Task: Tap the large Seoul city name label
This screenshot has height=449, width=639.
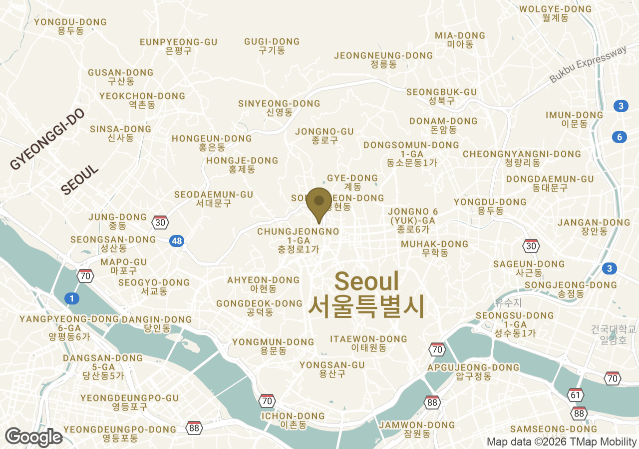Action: (x=366, y=292)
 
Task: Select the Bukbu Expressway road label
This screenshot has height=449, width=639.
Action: (x=588, y=64)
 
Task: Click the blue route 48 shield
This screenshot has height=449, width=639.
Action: (x=176, y=241)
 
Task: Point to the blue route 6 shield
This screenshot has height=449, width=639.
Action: (x=620, y=137)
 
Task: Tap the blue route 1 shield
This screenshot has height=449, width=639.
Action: (x=72, y=299)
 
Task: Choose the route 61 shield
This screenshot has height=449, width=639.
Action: (x=576, y=395)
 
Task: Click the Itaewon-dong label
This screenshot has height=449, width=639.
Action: (x=368, y=343)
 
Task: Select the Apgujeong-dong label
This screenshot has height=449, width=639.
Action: (x=467, y=372)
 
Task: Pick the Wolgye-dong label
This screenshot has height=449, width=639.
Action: (x=555, y=13)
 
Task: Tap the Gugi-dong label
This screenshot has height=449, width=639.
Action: (x=272, y=45)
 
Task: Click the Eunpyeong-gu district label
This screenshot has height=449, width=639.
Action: (x=179, y=46)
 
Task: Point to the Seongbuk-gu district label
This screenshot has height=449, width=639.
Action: (x=442, y=96)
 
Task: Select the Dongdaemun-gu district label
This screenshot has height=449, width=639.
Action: (x=550, y=183)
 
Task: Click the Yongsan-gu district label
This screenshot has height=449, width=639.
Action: (x=332, y=369)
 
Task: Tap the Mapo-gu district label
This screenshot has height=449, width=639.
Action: (x=124, y=266)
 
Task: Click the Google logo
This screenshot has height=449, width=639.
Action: (x=33, y=437)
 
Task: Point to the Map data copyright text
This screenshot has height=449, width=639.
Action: (x=562, y=442)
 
